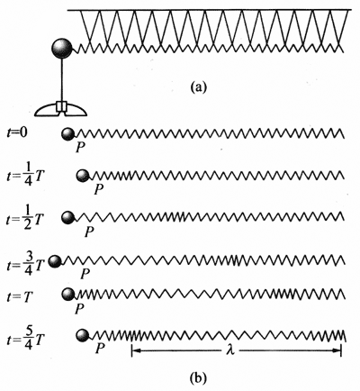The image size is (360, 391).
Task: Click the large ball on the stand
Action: (x=62, y=48)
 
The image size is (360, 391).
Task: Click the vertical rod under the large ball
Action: (x=62, y=80)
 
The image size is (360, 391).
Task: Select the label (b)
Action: (x=198, y=377)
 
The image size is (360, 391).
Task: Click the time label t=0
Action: (x=17, y=132)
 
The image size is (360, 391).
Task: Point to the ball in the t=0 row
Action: (x=68, y=134)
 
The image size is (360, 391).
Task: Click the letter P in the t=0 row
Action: (x=80, y=147)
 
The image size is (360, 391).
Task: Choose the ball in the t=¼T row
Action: (x=83, y=176)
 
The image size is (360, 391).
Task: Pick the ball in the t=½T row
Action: (x=68, y=217)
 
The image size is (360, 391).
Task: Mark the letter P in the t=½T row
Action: (x=89, y=232)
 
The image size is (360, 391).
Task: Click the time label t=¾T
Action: (x=26, y=264)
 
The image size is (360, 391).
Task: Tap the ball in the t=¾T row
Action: (x=55, y=262)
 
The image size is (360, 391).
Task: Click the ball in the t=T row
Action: (x=68, y=295)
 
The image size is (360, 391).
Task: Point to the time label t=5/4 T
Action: (x=25, y=340)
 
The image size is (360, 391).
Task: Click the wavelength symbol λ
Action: (x=230, y=350)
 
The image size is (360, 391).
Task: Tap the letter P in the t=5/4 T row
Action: (x=100, y=349)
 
